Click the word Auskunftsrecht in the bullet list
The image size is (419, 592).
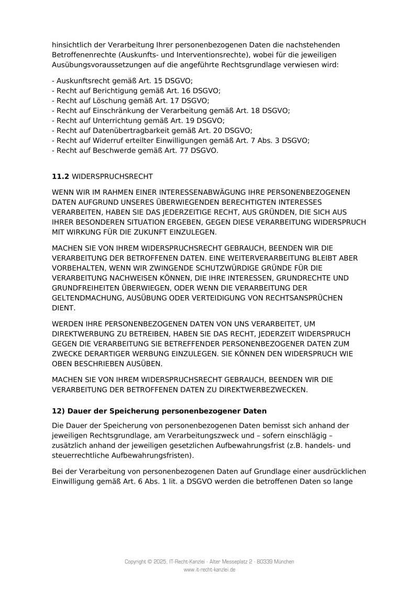pyautogui.click(x=80, y=81)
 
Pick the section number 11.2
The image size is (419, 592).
pyautogui.click(x=60, y=177)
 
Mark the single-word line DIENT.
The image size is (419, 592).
pyautogui.click(x=62, y=308)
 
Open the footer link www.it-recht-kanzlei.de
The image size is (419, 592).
pyautogui.click(x=210, y=569)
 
